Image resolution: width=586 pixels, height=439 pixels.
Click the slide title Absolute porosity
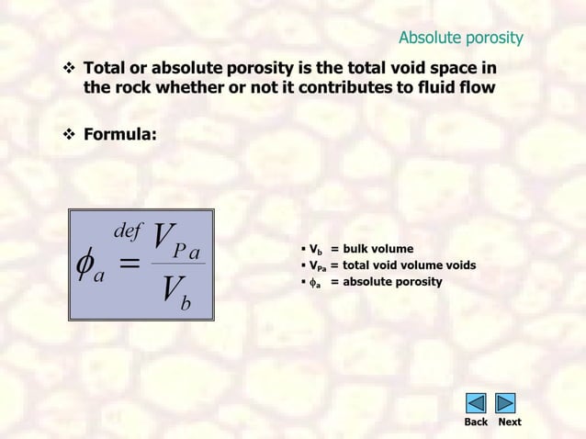click(460, 38)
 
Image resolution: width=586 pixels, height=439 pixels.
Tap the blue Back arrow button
click(476, 403)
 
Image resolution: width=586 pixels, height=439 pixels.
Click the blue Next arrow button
click(505, 403)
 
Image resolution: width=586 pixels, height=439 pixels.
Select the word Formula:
click(120, 134)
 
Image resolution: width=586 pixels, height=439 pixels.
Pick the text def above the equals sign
click(127, 230)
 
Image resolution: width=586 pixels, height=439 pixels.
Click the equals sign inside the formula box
click(130, 264)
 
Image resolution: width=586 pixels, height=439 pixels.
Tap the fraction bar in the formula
click(177, 264)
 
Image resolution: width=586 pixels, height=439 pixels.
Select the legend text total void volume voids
click(410, 265)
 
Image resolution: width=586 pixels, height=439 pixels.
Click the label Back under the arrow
click(476, 422)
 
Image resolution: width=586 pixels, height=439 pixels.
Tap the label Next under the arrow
click(509, 422)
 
